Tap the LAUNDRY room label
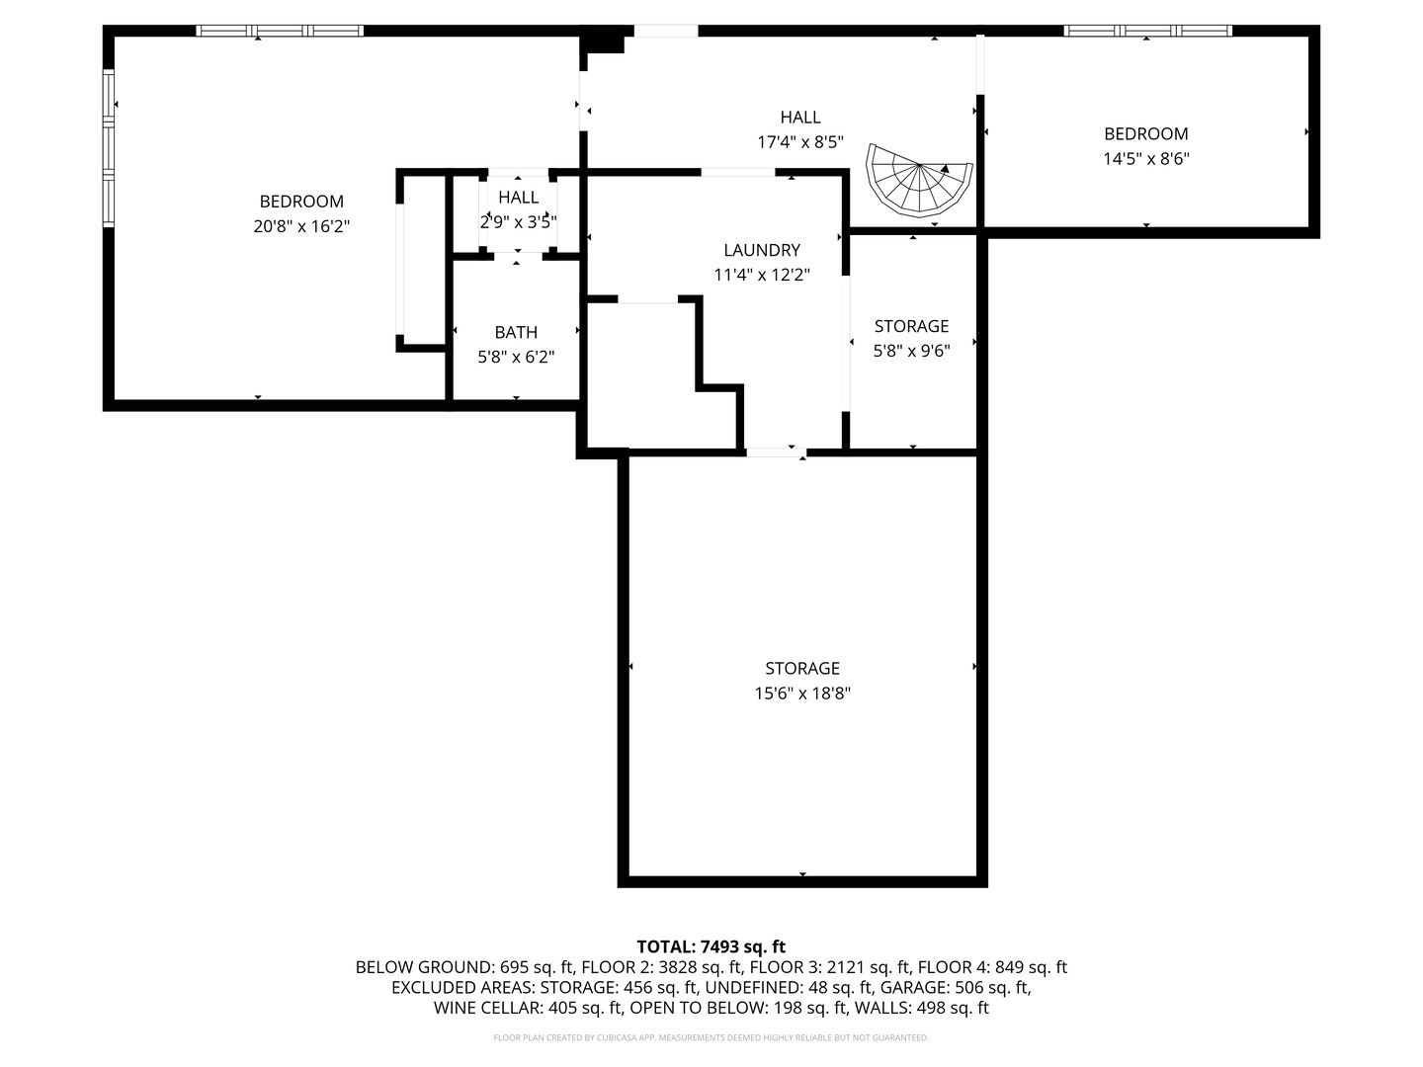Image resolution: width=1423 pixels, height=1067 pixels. pos(761,250)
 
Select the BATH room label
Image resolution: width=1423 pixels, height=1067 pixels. pos(516,332)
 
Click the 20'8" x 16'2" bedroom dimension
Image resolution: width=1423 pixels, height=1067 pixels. pos(301,226)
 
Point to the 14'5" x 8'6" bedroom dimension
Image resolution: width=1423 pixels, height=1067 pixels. pos(1145,158)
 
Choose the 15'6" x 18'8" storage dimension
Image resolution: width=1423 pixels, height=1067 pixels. pos(802,694)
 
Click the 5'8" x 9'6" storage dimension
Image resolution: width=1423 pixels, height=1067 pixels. pos(911,350)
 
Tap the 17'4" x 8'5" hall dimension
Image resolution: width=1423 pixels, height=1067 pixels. pos(800,141)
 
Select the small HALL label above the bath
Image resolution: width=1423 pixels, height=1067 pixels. pos(518,198)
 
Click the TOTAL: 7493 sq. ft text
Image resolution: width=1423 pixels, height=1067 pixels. pos(711,946)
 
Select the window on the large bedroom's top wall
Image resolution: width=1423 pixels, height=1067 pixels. pos(280,31)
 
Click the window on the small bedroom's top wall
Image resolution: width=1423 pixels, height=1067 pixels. pos(1147,31)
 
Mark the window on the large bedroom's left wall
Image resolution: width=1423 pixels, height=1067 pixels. pos(110,148)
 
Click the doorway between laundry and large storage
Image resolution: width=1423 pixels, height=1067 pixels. pos(774,451)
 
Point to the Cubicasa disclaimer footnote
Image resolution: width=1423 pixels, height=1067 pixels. pos(711,1037)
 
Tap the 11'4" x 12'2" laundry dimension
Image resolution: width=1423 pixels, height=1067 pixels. pos(761,275)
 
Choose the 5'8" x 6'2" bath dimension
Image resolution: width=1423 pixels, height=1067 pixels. pos(516,357)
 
